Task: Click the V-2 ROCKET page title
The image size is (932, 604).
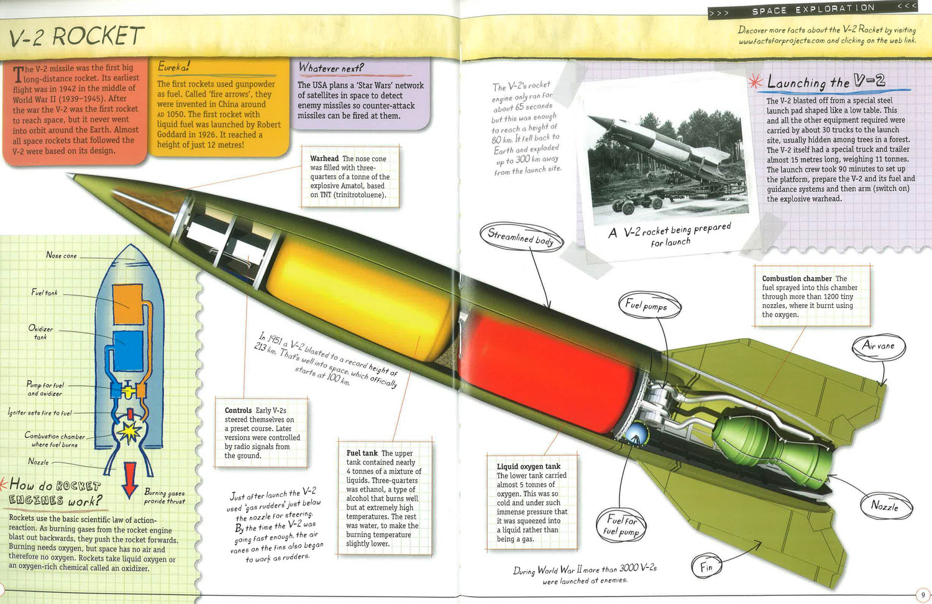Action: [x=76, y=37]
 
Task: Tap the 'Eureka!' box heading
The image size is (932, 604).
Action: [x=173, y=67]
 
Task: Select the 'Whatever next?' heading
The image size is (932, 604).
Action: [x=331, y=68]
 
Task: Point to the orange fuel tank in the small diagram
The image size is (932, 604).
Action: [x=129, y=304]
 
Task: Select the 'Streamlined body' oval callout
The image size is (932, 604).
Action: [x=521, y=237]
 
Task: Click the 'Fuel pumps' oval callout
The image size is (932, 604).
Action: [x=649, y=305]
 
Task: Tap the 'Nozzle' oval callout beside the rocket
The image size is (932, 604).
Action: [x=885, y=506]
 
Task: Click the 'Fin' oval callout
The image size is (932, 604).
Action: [x=706, y=567]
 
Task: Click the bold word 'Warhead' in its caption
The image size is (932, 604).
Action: [x=324, y=159]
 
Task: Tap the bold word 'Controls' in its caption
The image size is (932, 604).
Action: [x=238, y=411]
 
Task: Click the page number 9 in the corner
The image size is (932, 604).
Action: [x=923, y=595]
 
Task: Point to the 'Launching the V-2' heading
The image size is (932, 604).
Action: [x=826, y=82]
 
